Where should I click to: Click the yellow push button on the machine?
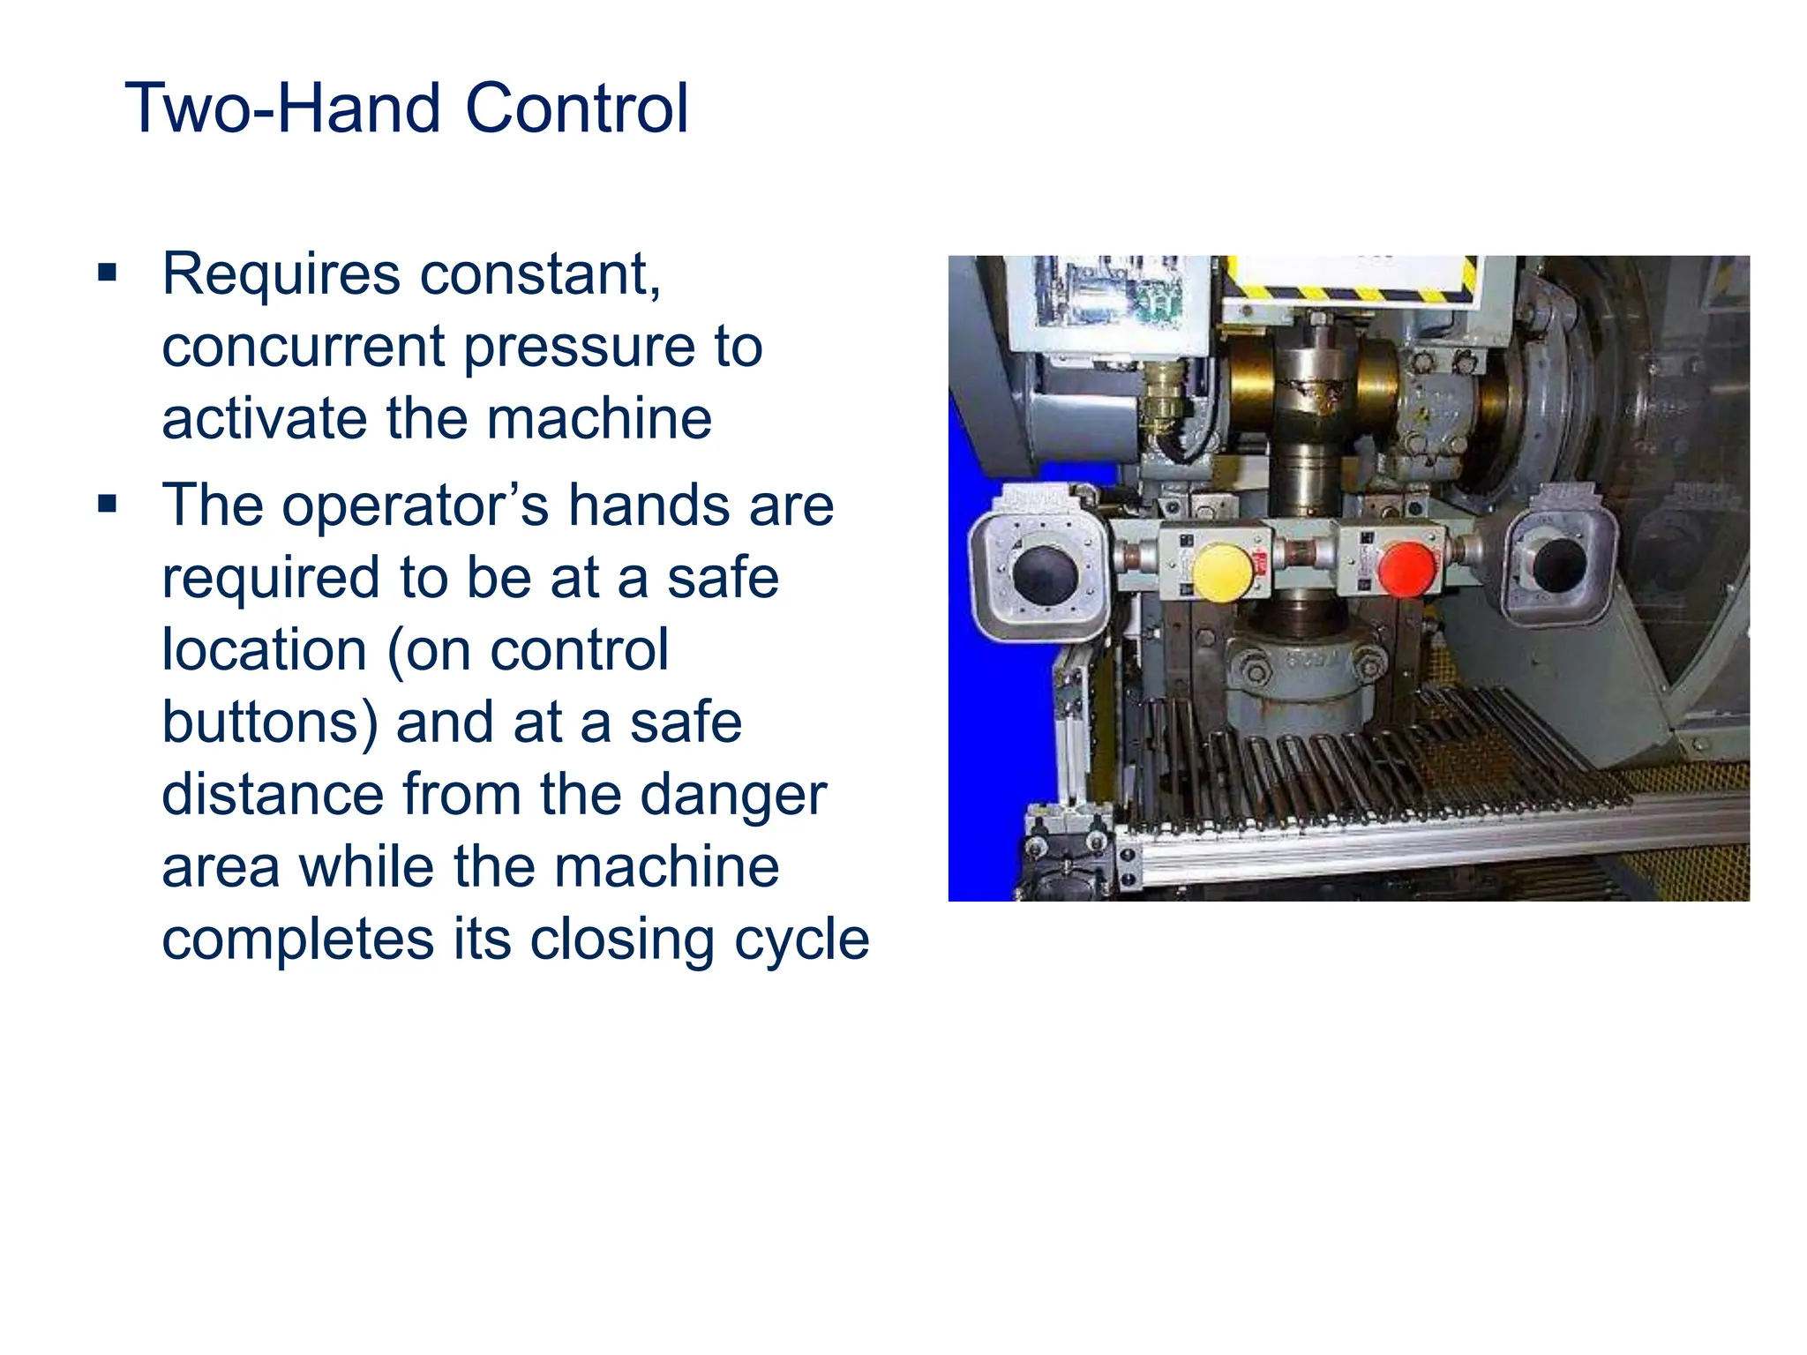(1222, 573)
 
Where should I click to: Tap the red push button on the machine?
(1406, 569)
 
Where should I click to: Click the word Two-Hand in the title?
(281, 109)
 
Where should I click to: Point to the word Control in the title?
(576, 109)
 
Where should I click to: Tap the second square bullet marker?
(108, 505)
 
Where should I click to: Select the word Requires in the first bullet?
(281, 274)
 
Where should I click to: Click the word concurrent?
(303, 347)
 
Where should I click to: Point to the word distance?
(273, 795)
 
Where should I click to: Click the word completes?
(297, 940)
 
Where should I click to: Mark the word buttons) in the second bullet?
(269, 723)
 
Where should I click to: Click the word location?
(264, 651)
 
